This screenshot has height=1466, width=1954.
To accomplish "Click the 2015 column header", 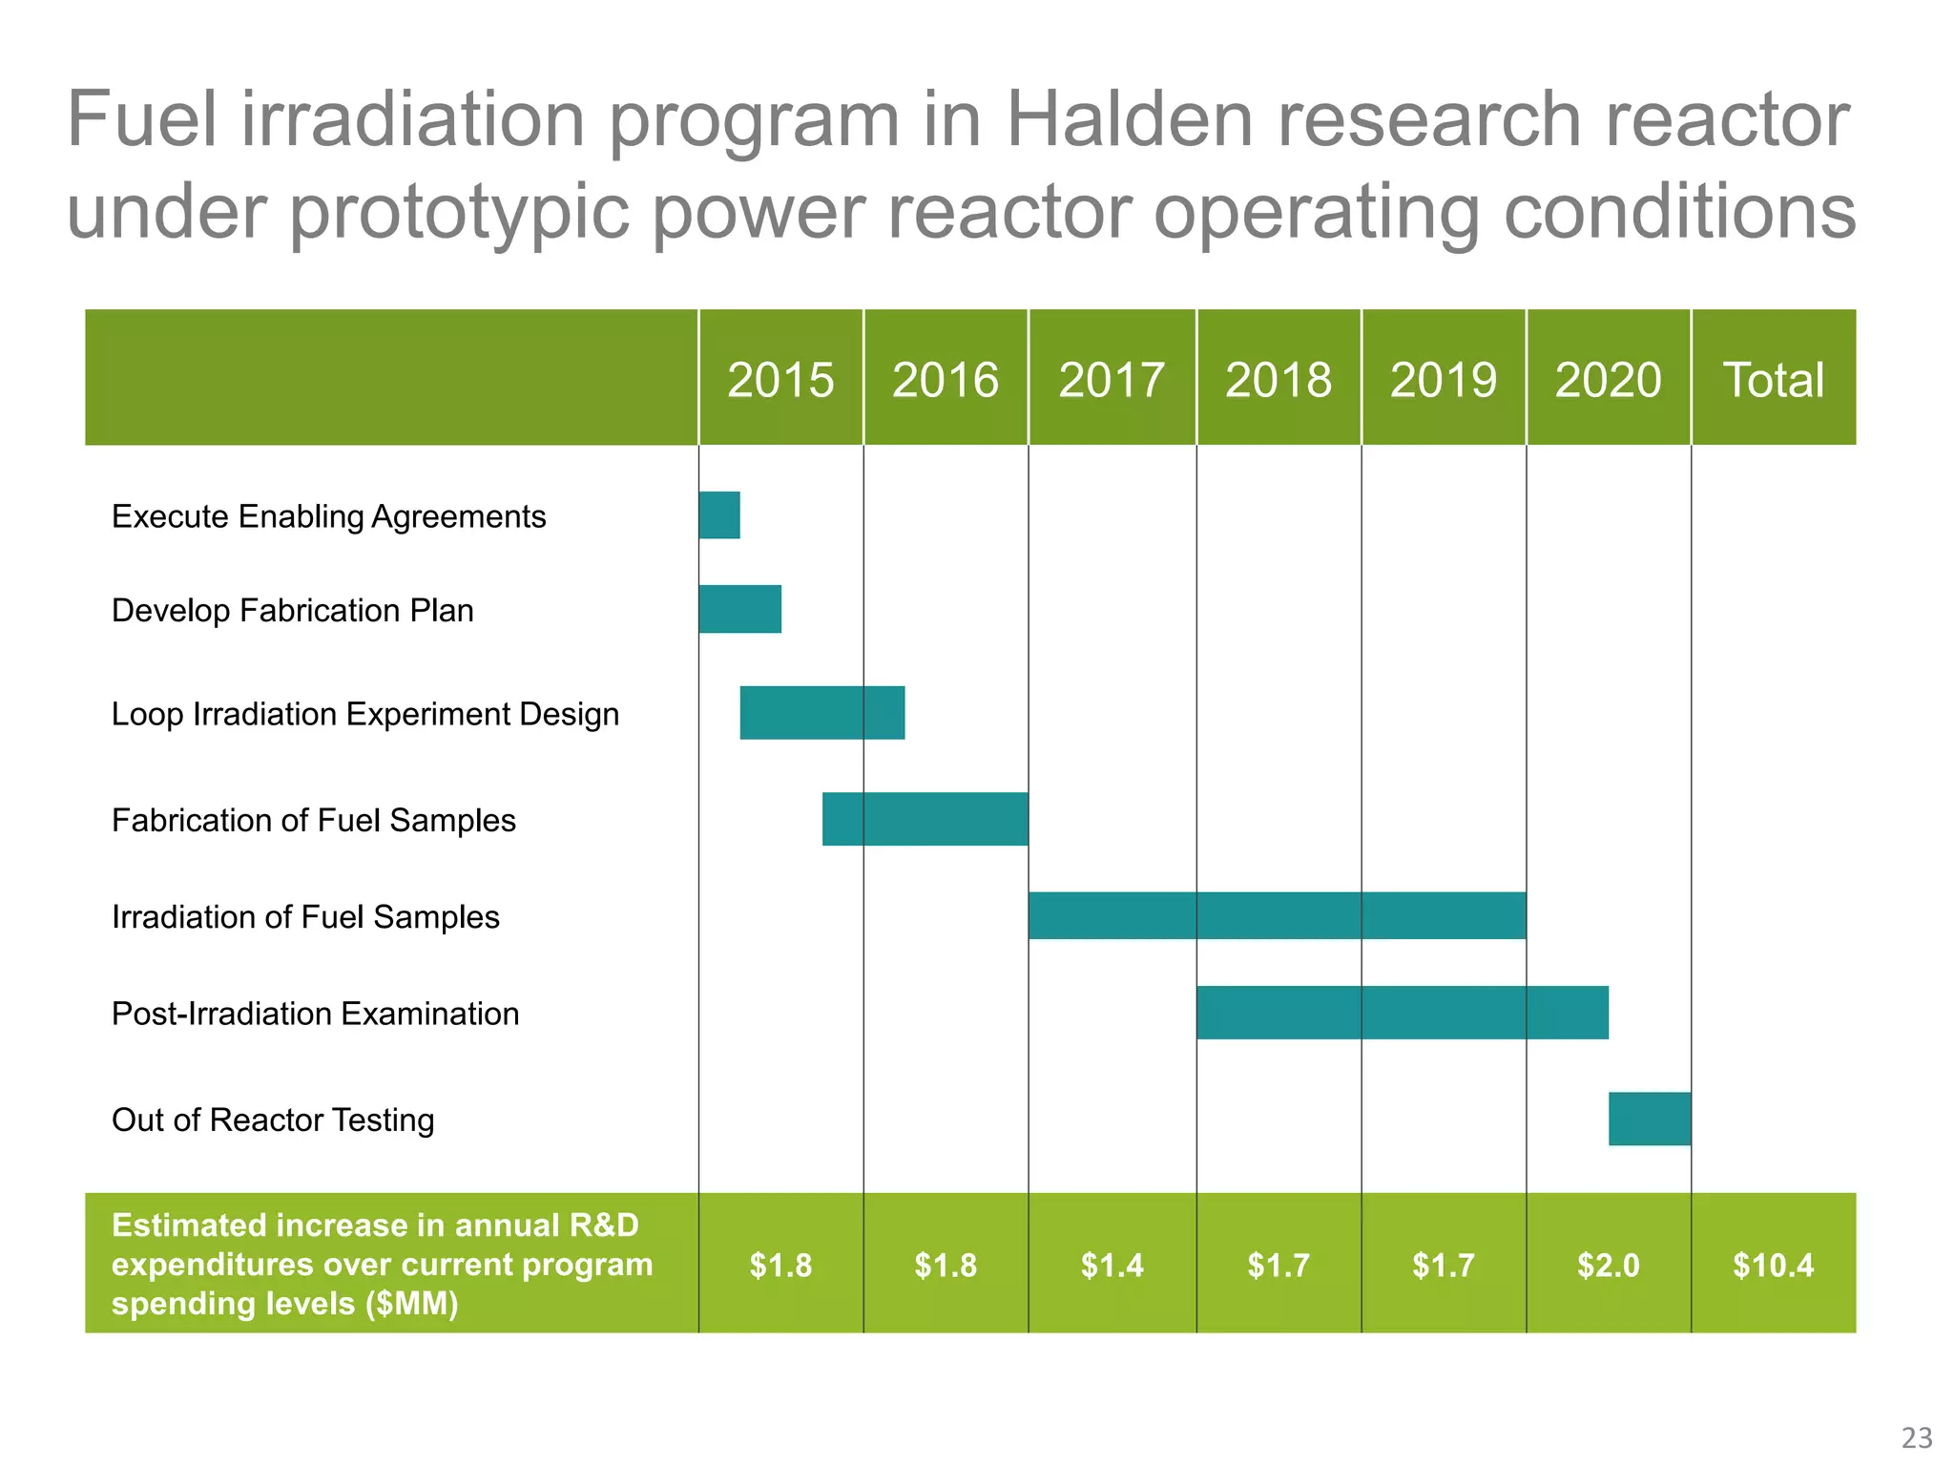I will (780, 379).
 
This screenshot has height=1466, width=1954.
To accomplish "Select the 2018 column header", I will (1278, 379).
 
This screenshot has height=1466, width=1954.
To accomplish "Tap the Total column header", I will (1773, 379).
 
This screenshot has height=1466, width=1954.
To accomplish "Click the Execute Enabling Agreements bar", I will (719, 515).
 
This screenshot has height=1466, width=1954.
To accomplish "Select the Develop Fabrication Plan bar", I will (739, 609).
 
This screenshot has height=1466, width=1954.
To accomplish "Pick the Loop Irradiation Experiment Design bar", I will (821, 713).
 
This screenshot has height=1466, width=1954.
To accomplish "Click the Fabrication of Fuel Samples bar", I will (925, 819).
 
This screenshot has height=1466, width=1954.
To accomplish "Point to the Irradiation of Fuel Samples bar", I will (1277, 915).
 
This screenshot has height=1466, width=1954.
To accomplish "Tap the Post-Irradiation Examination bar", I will (1402, 1013).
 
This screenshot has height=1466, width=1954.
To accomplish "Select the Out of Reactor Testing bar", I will (1649, 1119).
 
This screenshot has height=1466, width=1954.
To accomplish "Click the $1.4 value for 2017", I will (1112, 1266).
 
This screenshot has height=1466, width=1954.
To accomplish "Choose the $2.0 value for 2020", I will (1608, 1266).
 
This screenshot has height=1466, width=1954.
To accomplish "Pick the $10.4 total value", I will (1773, 1266).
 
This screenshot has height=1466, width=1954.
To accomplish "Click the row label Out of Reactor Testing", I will (273, 1120).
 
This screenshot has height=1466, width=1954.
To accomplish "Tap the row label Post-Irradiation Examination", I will (315, 1014).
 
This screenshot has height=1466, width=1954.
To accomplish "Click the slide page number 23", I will (1917, 1437).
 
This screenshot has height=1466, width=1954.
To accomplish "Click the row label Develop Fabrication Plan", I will (292, 611).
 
